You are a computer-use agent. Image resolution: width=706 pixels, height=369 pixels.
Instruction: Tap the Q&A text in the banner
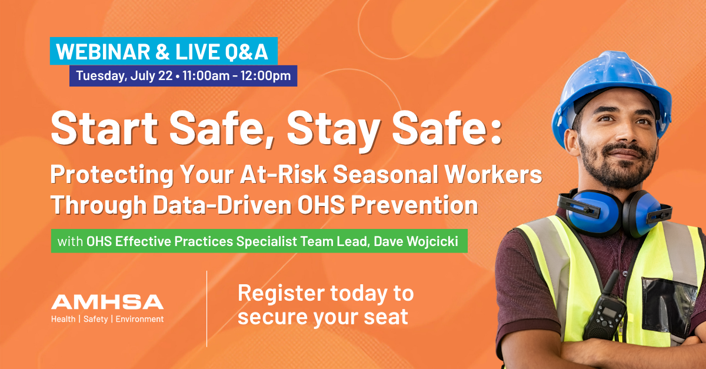tap(246, 52)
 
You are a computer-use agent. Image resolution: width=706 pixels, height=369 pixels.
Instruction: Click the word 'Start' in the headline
tap(104, 128)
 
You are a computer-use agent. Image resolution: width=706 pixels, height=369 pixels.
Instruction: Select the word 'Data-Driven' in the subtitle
tap(222, 205)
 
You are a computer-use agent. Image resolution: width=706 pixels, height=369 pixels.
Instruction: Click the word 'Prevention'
tap(415, 205)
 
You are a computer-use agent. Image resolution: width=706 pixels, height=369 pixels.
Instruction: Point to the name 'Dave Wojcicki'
tap(416, 241)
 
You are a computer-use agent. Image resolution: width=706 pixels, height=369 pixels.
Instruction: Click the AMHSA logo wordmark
tap(108, 302)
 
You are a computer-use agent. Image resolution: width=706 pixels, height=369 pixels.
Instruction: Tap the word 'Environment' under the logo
tap(139, 319)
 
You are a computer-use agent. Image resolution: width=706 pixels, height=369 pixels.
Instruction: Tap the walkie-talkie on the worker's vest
tap(604, 314)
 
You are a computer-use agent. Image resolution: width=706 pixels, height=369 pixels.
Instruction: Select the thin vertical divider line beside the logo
tap(207, 309)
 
